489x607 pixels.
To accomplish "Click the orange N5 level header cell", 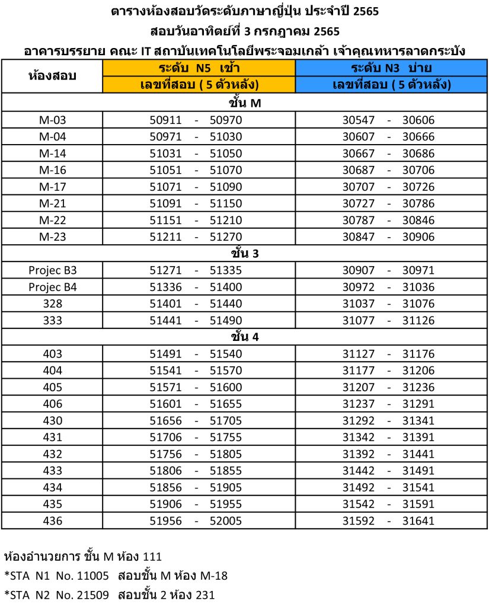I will (199, 68).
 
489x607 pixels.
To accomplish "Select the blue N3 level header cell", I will (391, 68).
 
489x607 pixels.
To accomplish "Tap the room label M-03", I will (53, 120).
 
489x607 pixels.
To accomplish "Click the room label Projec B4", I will (53, 287).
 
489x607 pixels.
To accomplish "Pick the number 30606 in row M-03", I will (418, 120).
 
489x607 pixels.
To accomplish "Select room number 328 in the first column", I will (53, 304).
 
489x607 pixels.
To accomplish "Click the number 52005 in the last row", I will (226, 522).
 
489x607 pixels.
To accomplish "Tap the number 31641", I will (418, 522).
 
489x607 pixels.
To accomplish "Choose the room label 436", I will (53, 522).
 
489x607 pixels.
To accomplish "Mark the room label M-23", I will (53, 237).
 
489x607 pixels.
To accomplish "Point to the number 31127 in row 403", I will (359, 354).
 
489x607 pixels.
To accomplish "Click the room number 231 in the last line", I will (205, 595).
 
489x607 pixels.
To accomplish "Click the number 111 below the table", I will (152, 557).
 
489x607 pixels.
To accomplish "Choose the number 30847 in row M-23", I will (359, 237).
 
